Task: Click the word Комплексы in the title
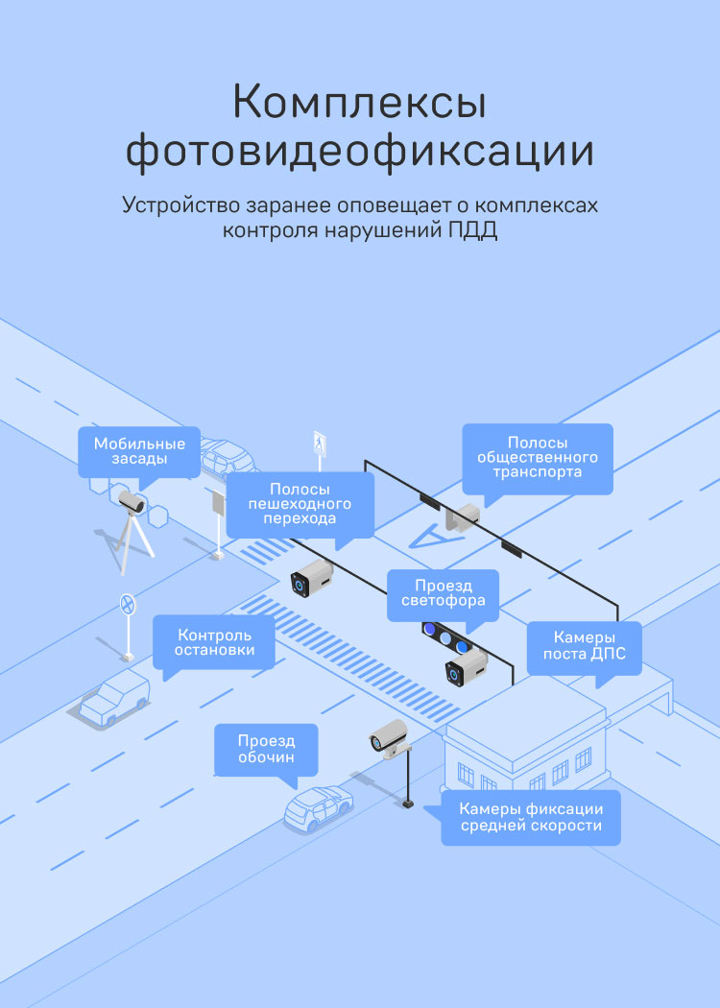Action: pos(359,103)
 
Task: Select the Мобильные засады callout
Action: pos(139,451)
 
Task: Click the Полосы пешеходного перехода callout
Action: pos(300,504)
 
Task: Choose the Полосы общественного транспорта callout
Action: pos(538,458)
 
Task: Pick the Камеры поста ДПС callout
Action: pos(584,646)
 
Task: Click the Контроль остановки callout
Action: pos(214,642)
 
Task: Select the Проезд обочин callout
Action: pos(266,749)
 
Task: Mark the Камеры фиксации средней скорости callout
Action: pos(530,817)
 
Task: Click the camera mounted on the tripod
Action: pos(132,501)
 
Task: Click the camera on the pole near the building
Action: pos(390,735)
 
